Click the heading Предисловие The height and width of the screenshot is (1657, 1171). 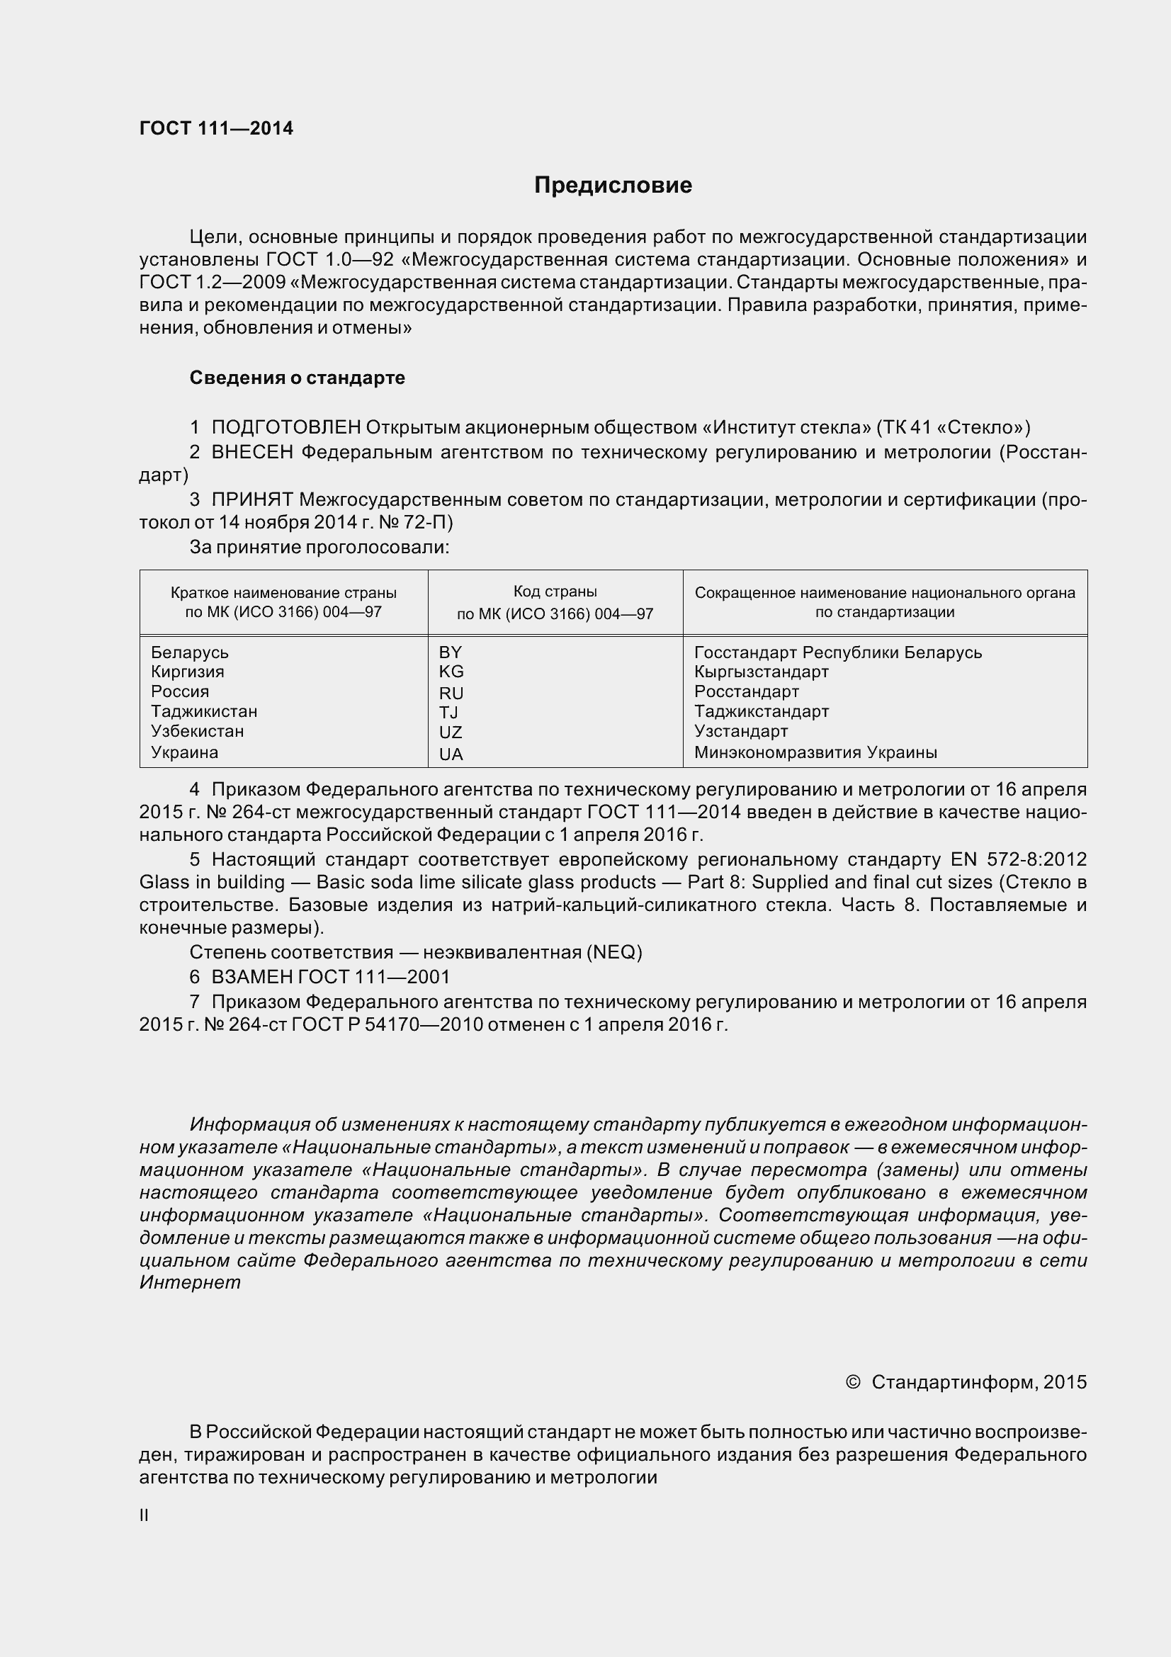click(x=613, y=186)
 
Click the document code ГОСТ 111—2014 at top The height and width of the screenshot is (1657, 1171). click(x=216, y=128)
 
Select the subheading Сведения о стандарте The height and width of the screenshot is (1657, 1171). click(x=297, y=378)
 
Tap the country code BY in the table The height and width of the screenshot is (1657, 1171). click(x=450, y=652)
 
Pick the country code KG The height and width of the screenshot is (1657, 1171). click(x=451, y=671)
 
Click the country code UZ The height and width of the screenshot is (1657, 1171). click(x=451, y=732)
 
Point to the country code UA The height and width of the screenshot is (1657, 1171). click(x=451, y=754)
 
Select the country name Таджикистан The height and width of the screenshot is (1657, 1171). click(x=204, y=711)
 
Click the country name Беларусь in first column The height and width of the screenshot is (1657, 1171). click(x=189, y=652)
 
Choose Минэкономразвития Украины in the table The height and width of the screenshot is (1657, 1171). click(x=815, y=752)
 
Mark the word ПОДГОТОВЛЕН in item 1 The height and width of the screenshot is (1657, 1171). click(x=285, y=427)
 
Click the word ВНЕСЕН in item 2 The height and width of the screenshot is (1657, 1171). click(x=251, y=453)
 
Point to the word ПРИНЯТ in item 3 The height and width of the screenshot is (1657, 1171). click(x=251, y=499)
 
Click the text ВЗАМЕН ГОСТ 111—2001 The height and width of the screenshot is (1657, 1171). click(x=329, y=976)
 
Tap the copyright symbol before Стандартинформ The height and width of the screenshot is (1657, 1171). click(x=852, y=1381)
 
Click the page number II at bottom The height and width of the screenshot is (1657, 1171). click(x=144, y=1515)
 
